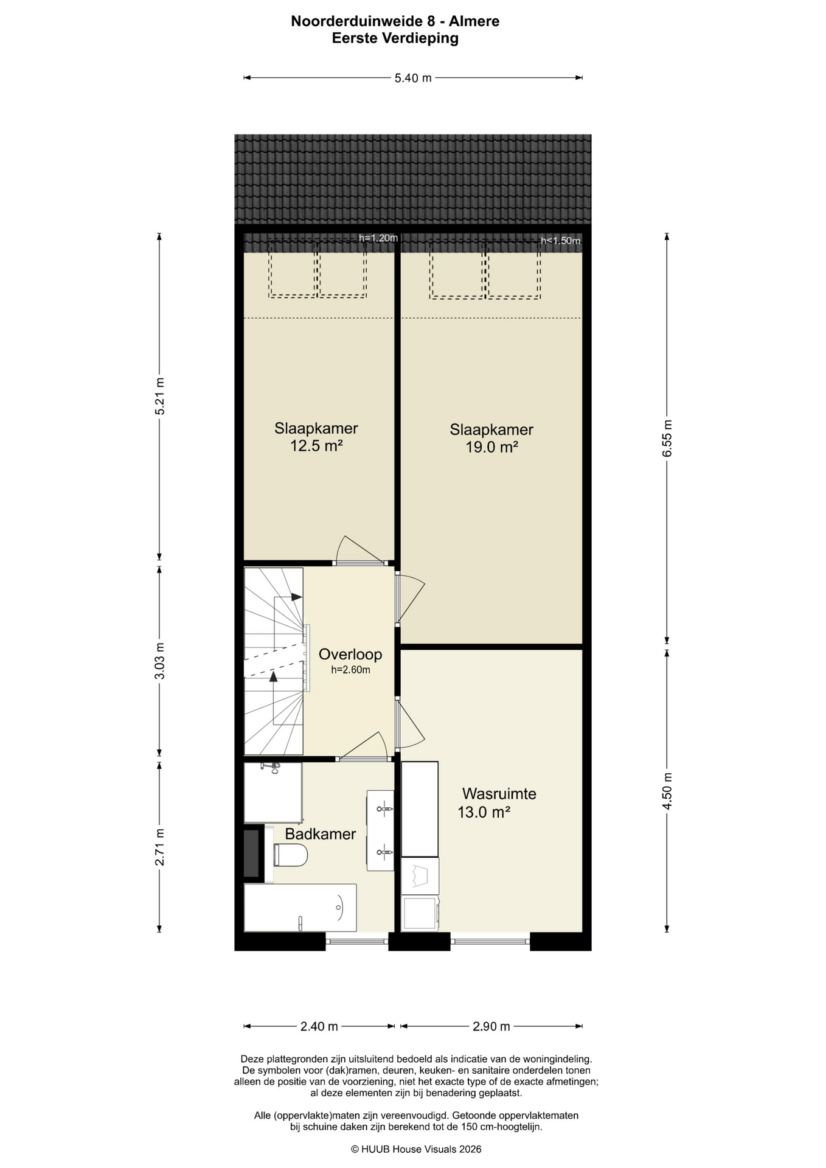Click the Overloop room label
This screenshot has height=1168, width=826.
tap(350, 654)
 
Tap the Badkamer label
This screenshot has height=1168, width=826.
tap(321, 833)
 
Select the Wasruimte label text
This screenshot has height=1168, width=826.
tap(499, 793)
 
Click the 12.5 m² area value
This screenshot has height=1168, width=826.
tap(316, 446)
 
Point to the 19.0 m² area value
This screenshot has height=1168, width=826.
tap(491, 447)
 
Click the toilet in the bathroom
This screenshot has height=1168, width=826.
tap(290, 855)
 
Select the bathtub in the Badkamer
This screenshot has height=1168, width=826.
tap(300, 908)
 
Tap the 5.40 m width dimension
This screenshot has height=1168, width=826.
tap(413, 78)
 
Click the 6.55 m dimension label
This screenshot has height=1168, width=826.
tap(667, 439)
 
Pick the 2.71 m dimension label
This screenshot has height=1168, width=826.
tap(159, 847)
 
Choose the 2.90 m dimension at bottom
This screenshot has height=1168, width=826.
tap(491, 1026)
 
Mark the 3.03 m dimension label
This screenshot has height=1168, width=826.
tap(159, 661)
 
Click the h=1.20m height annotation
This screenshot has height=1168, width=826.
tap(378, 238)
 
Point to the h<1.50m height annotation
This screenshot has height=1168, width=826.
tap(561, 240)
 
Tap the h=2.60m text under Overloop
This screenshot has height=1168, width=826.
tap(350, 670)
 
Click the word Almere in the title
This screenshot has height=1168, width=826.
tap(474, 21)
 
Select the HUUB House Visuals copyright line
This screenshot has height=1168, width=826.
tap(416, 1149)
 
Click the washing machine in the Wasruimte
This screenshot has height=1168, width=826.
tap(420, 913)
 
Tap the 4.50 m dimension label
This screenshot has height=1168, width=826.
tap(667, 791)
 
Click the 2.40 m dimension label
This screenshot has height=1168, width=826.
tap(319, 1026)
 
